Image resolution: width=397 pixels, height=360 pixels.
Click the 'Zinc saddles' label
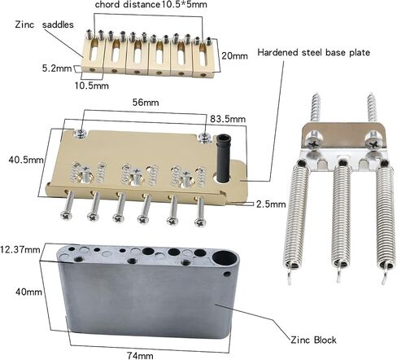coord(44,24)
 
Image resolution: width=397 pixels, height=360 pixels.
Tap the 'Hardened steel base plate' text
coord(313,52)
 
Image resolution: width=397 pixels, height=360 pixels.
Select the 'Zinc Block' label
coord(313,340)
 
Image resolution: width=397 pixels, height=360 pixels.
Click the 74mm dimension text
coord(140,355)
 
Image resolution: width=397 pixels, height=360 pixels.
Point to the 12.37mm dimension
coord(20,249)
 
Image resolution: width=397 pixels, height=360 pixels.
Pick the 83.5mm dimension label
coord(228,119)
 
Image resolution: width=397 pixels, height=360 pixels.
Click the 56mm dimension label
coord(146,103)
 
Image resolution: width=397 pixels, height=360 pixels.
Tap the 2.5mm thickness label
coord(271,204)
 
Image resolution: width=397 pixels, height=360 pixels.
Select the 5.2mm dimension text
coord(57,68)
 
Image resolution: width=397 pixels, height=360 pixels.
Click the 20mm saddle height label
coord(234,56)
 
